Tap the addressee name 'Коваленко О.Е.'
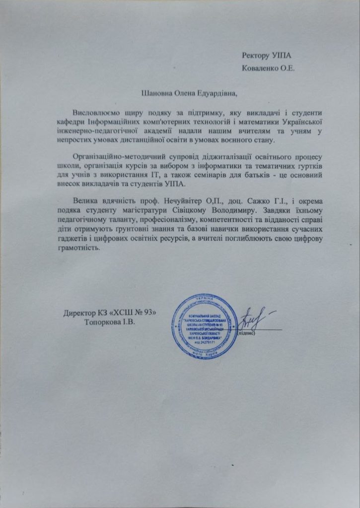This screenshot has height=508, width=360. tap(269, 68)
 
